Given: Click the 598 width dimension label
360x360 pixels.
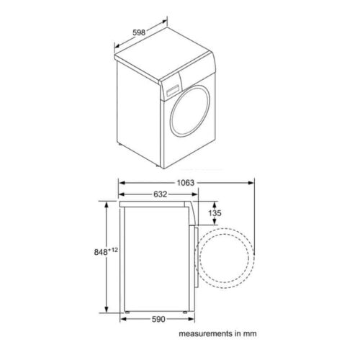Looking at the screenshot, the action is click(x=139, y=32).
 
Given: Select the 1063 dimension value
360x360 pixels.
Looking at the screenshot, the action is click(x=186, y=183).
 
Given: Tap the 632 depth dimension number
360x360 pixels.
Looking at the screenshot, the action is click(x=160, y=194).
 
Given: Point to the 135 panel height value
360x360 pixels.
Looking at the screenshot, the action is click(x=215, y=213).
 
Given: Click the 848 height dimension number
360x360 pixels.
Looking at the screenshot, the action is click(x=101, y=252).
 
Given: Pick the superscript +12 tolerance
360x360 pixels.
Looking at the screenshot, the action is click(x=113, y=250).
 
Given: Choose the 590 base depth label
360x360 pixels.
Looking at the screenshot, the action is click(x=158, y=319).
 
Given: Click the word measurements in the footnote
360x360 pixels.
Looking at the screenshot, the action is click(x=206, y=333).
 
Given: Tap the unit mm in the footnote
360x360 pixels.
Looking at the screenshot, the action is click(x=250, y=334).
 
